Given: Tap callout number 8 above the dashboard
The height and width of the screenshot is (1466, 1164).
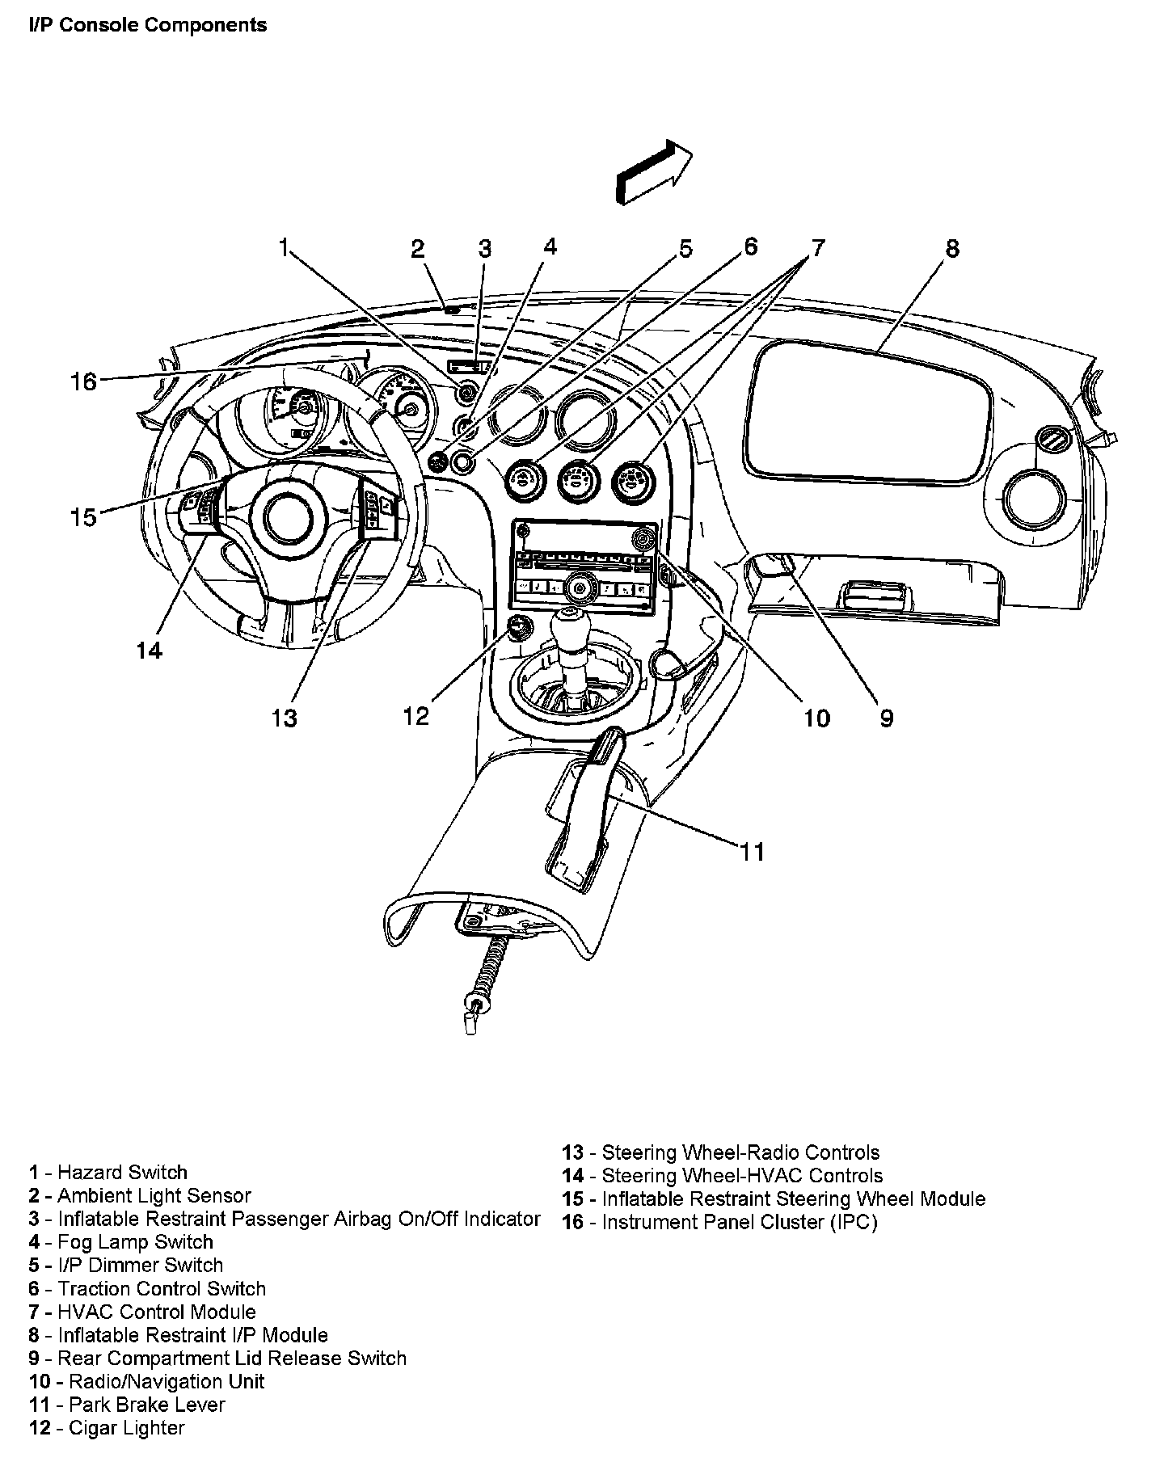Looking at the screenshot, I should [952, 248].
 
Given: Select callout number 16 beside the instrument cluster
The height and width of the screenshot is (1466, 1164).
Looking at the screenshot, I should [83, 381].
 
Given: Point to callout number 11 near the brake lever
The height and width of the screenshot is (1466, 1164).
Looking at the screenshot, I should [752, 851].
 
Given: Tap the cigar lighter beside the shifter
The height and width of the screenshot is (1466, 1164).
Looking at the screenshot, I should [517, 626].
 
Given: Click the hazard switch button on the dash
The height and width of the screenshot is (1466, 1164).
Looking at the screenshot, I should [466, 394].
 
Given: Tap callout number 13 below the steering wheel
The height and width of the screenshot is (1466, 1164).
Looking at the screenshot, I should [285, 717].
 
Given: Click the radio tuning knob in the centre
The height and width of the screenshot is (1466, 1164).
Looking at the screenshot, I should [578, 585].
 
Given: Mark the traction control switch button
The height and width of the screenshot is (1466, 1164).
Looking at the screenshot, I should [463, 462].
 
